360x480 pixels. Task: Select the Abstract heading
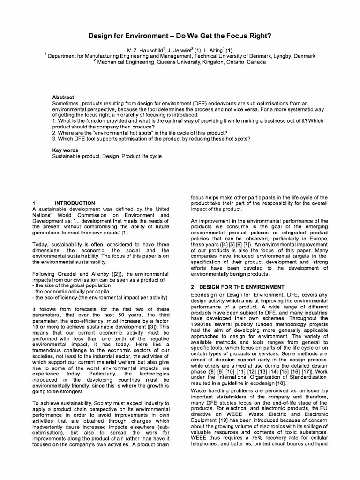(x=63, y=97)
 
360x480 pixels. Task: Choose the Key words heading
(x=65, y=150)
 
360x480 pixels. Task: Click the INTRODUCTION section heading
(x=75, y=203)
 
